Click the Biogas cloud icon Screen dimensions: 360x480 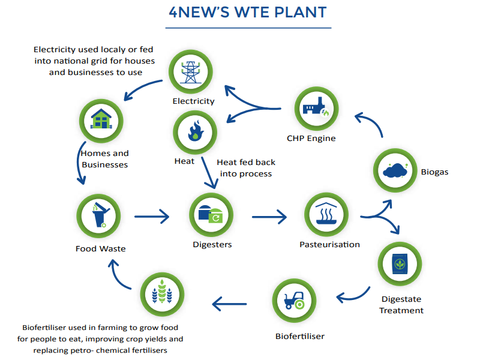tap(395, 170)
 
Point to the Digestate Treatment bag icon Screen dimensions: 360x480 tap(400, 263)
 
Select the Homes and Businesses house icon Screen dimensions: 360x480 tap(101, 120)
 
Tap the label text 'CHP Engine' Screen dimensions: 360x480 tap(311, 139)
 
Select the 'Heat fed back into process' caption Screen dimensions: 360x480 tap(245, 168)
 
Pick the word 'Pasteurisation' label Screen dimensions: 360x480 tap(329, 244)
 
